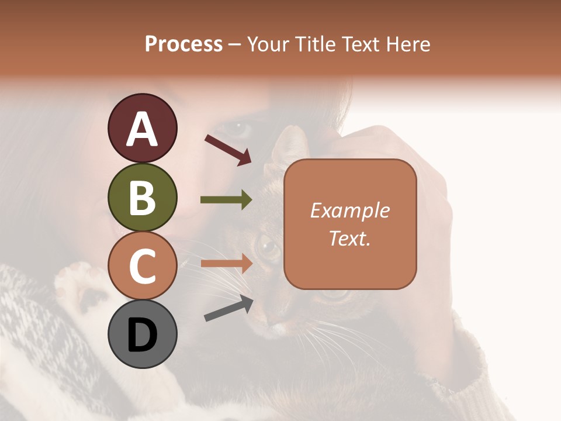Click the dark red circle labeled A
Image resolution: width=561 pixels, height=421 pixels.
(x=142, y=128)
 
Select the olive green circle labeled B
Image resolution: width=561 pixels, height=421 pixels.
(x=142, y=197)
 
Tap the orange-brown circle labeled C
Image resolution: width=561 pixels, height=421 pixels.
(x=142, y=266)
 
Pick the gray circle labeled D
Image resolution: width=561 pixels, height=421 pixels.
(x=142, y=334)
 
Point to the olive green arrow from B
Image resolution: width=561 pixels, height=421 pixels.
(x=226, y=200)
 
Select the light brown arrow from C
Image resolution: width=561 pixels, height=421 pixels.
(x=226, y=264)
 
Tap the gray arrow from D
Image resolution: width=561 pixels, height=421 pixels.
(x=228, y=309)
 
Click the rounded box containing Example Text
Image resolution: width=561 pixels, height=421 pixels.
(x=350, y=224)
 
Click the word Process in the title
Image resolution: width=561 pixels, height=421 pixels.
(x=183, y=44)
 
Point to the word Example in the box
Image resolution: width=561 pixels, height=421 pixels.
(x=350, y=210)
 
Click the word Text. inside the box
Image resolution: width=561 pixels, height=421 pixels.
(x=350, y=238)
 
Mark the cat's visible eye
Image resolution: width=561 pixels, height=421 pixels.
(x=268, y=248)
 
